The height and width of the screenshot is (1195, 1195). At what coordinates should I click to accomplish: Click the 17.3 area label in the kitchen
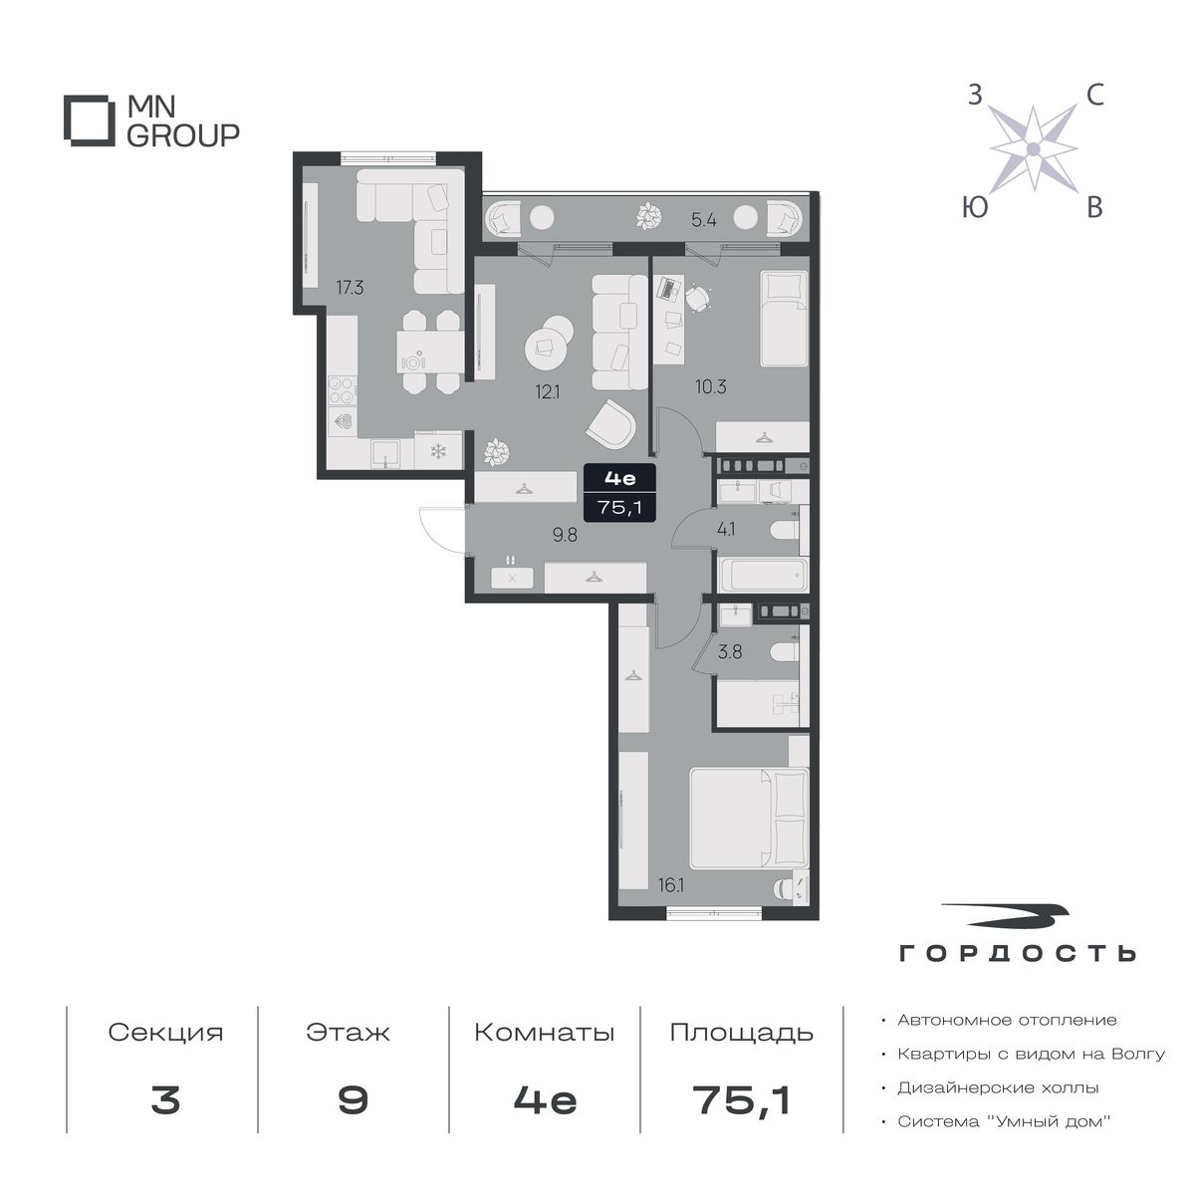(x=350, y=288)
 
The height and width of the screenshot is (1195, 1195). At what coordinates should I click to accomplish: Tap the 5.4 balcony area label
(x=704, y=219)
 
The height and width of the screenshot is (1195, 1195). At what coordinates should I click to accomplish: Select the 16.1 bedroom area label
(x=671, y=885)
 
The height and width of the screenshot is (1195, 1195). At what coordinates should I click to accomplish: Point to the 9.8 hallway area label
(x=565, y=535)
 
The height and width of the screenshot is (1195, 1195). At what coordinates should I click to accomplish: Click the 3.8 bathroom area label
(x=730, y=651)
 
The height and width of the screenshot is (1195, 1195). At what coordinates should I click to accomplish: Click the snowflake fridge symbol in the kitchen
(x=438, y=451)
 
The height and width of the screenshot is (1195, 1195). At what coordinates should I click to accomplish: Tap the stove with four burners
(x=342, y=392)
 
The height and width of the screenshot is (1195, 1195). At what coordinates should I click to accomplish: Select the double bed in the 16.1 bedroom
(x=749, y=818)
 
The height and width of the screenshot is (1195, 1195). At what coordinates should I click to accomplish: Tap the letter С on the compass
(x=1095, y=97)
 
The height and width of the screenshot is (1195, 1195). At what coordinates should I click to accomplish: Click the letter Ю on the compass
(x=975, y=207)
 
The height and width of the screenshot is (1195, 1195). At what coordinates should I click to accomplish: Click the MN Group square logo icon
(x=90, y=120)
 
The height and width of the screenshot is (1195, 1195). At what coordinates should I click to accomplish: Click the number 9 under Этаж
(x=353, y=1100)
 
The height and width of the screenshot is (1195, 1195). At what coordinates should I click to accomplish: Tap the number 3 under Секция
(x=165, y=1100)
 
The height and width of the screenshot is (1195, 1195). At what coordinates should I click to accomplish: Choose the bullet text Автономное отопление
(x=1007, y=1020)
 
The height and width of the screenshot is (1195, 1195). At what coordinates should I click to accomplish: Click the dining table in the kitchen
(x=430, y=352)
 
